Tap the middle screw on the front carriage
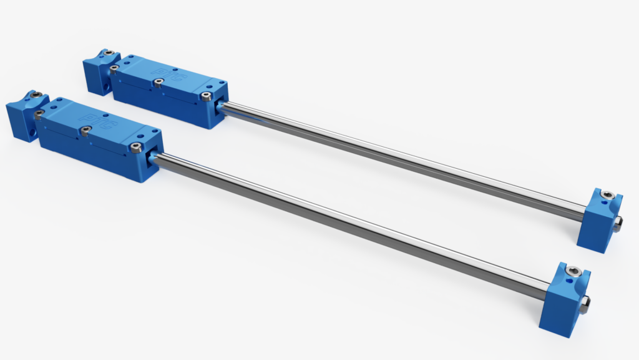click(85, 130)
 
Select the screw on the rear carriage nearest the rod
click(207, 96)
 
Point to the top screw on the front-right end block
click(575, 271)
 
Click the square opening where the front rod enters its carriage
click(152, 162)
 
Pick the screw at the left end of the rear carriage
click(114, 67)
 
